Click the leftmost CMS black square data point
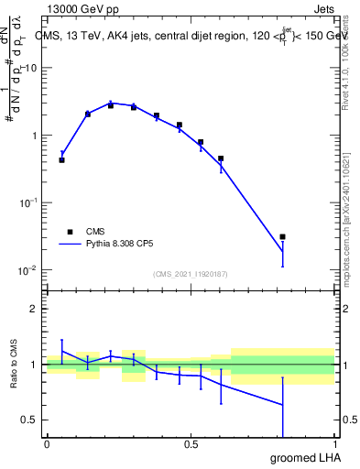(x=61, y=159)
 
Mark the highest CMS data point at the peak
(x=110, y=105)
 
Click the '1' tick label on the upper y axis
(x=35, y=136)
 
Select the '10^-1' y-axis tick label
(x=29, y=202)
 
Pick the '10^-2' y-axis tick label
(x=29, y=270)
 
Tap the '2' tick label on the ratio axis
(x=35, y=309)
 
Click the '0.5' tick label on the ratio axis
(x=30, y=420)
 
